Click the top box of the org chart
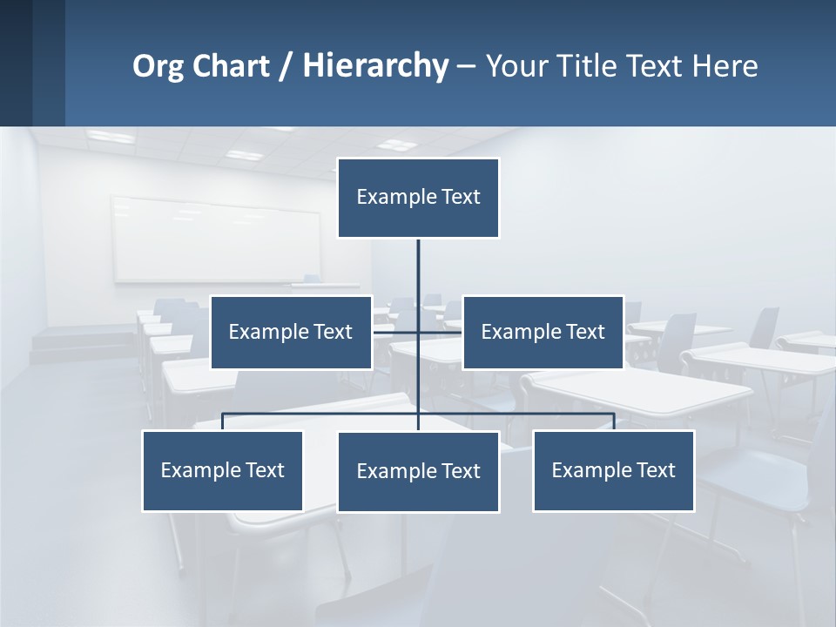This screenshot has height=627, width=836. pos(418,198)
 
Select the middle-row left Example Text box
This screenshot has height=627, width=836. pos(291,332)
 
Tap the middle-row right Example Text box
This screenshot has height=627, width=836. pos(543,332)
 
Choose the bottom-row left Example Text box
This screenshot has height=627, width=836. pos(222,470)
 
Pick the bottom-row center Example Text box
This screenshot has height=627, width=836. pos(418,471)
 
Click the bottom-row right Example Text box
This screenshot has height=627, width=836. pos(613,470)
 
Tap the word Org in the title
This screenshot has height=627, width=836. pos(158,66)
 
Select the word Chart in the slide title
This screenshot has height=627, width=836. pos(231,66)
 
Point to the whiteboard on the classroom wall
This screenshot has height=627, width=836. pos(215,239)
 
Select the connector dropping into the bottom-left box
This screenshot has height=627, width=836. pos(223,421)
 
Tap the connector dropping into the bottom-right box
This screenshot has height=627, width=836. pos(614,421)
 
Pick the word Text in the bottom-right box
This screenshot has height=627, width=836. pos(655,470)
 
